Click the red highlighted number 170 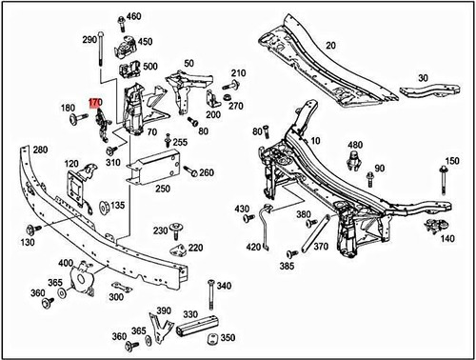pyautogui.click(x=94, y=100)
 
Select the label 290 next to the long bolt pyautogui.click(x=90, y=40)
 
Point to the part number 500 pyautogui.click(x=150, y=66)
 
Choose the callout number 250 pyautogui.click(x=163, y=190)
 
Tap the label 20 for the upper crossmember pyautogui.click(x=331, y=46)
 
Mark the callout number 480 pyautogui.click(x=354, y=145)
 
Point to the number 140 pyautogui.click(x=448, y=239)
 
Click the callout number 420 pyautogui.click(x=253, y=247)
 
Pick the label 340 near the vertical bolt pyautogui.click(x=225, y=286)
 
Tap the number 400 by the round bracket pyautogui.click(x=66, y=264)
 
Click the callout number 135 pyautogui.click(x=117, y=205)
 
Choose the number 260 pyautogui.click(x=207, y=172)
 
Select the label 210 pyautogui.click(x=237, y=73)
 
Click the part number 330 pyautogui.click(x=191, y=313)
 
